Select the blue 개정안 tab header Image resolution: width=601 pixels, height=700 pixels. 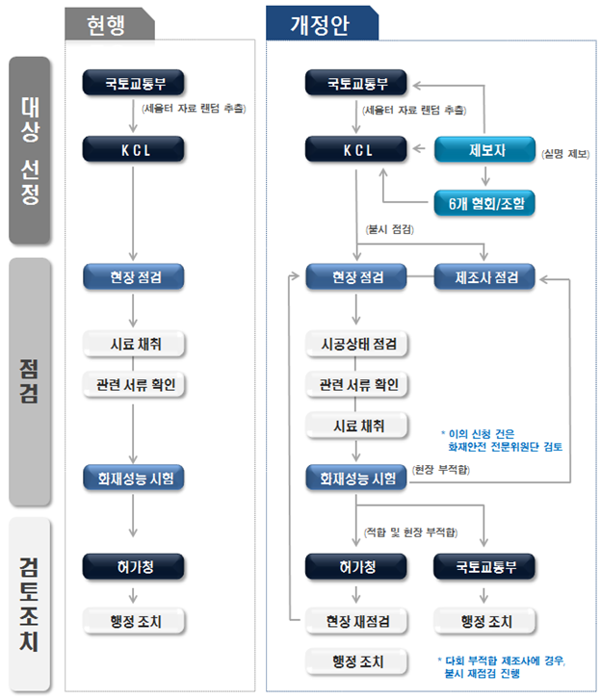point(322,25)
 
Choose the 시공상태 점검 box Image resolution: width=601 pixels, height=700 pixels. point(356,344)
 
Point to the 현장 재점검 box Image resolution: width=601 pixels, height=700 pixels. point(356,620)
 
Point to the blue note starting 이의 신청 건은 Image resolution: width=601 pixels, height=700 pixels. point(501,440)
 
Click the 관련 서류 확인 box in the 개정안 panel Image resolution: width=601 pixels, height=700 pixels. point(356,385)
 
